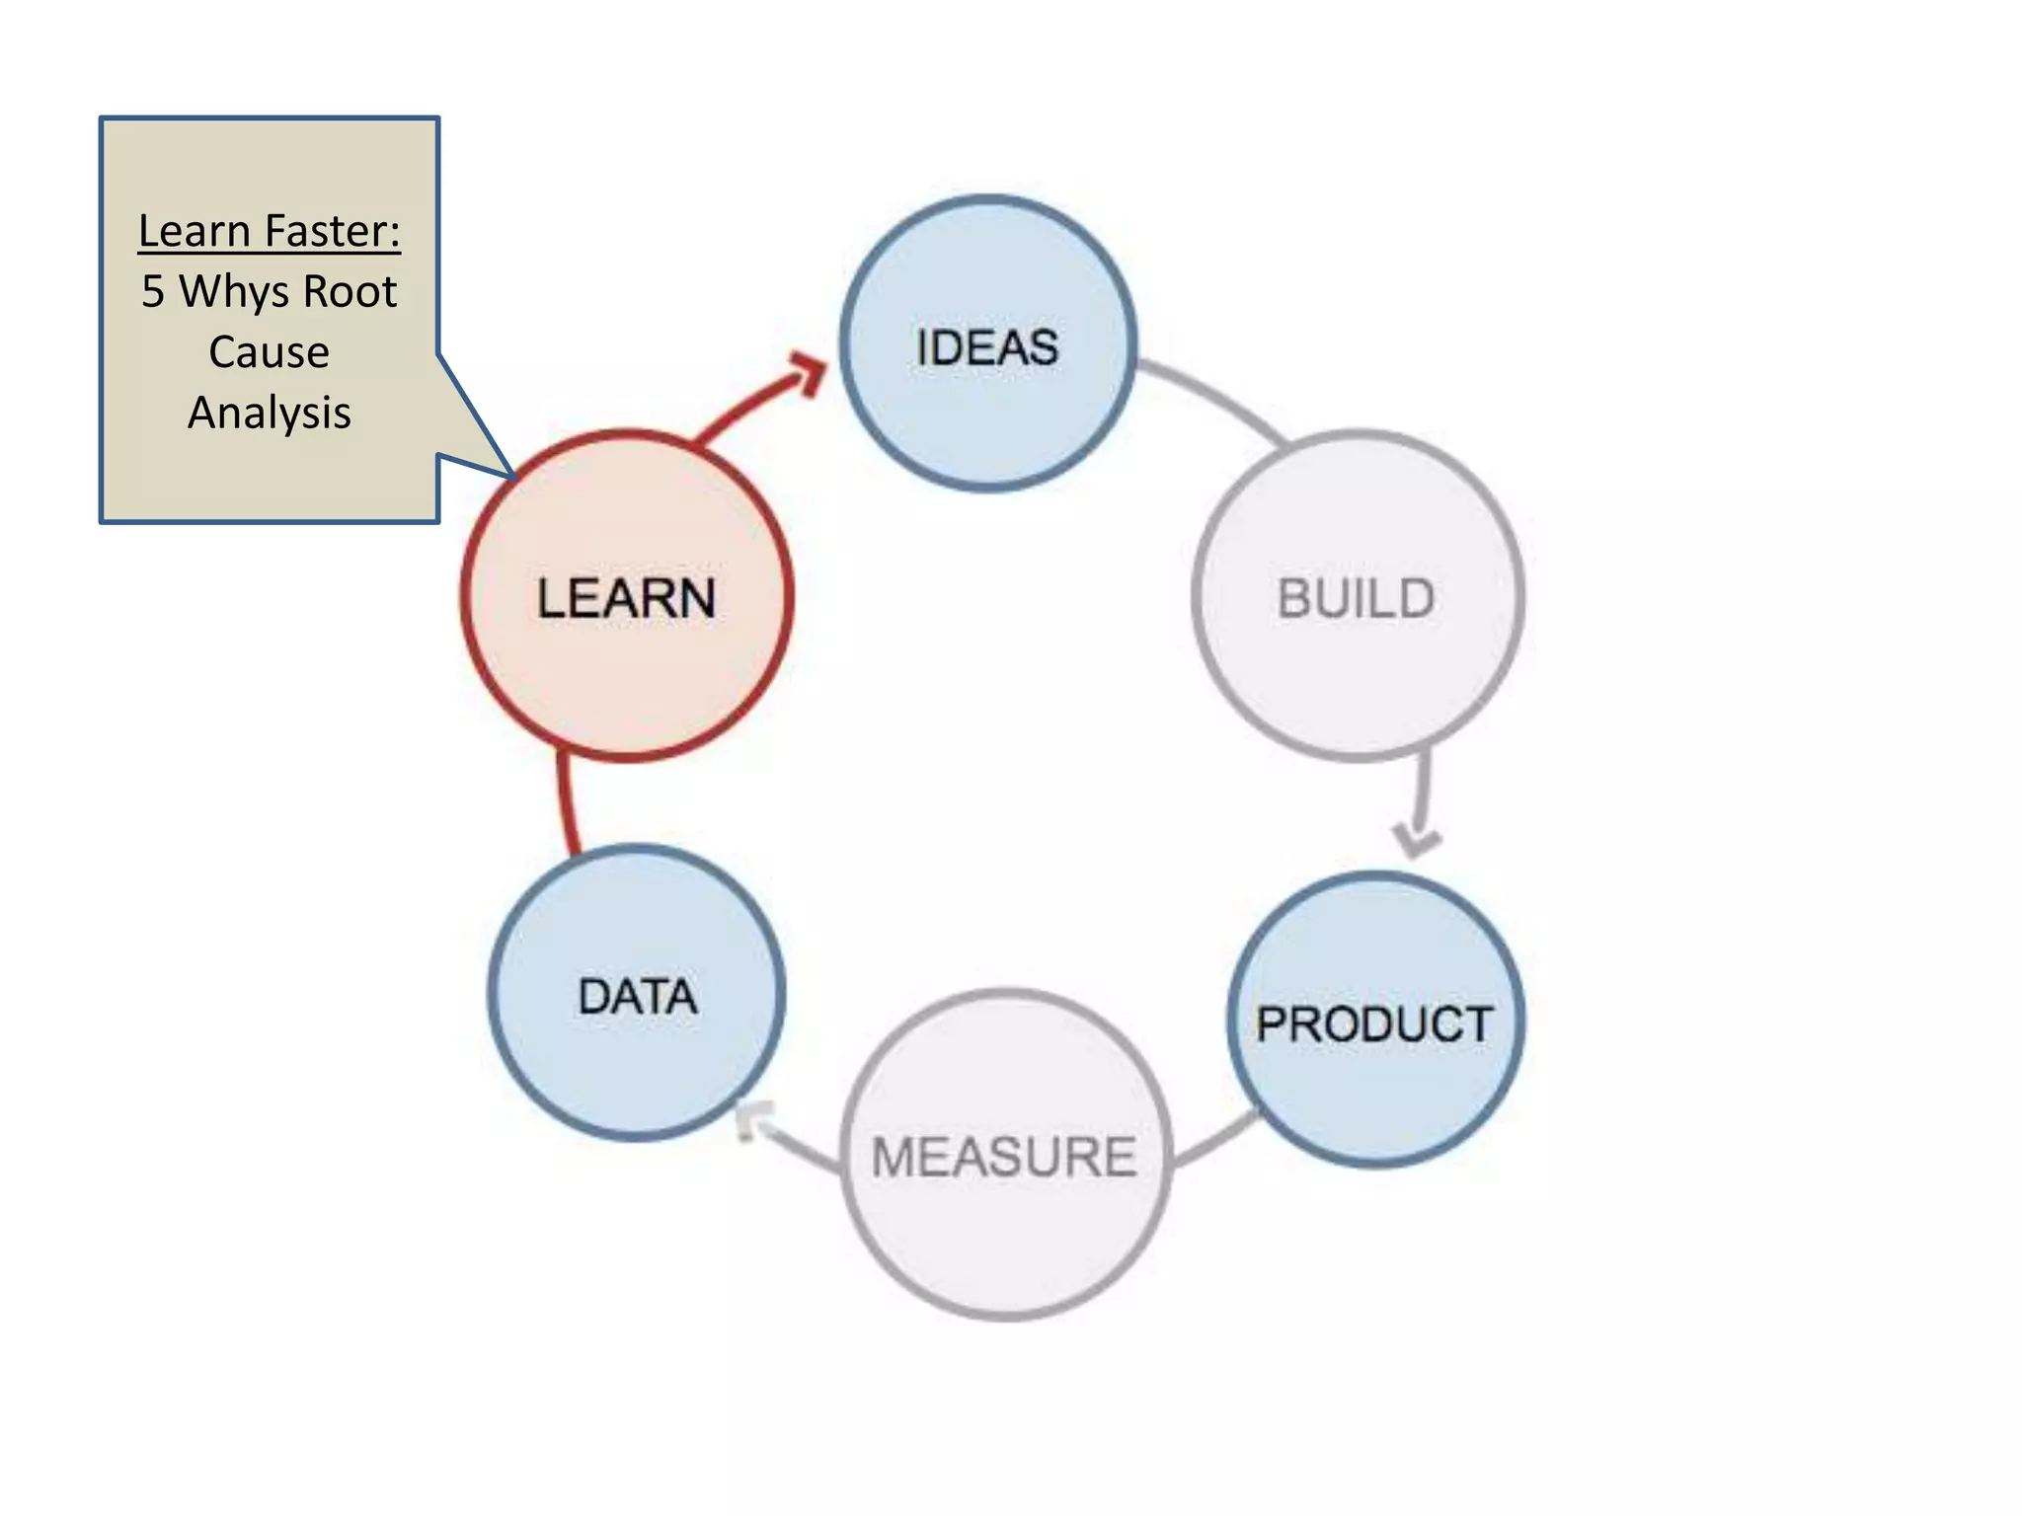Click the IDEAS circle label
tap(986, 347)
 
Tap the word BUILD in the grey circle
tap(1356, 599)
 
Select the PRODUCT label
tap(1373, 1023)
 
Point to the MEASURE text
tap(1004, 1157)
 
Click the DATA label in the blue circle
tap(638, 996)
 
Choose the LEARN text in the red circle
tap(626, 598)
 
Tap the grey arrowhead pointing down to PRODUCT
tap(1417, 842)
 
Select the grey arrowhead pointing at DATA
tap(754, 1122)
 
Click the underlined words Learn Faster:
tap(269, 231)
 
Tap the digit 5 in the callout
tap(153, 292)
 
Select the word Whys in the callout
tap(234, 292)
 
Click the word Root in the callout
tap(350, 292)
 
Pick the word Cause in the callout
tap(269, 352)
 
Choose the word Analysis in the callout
tap(269, 413)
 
